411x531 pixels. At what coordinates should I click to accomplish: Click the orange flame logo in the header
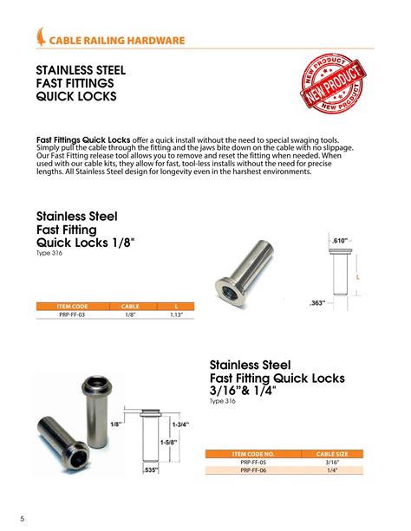42,37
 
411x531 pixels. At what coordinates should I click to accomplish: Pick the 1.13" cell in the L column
176,315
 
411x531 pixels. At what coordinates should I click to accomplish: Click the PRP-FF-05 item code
251,463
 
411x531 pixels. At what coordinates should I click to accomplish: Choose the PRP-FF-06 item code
251,471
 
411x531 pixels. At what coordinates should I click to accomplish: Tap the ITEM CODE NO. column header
251,454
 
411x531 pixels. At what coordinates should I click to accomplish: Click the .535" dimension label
152,470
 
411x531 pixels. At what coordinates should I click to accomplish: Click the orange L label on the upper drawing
357,276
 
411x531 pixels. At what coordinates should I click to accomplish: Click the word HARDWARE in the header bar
158,40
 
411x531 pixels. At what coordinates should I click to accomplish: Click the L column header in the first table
176,307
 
